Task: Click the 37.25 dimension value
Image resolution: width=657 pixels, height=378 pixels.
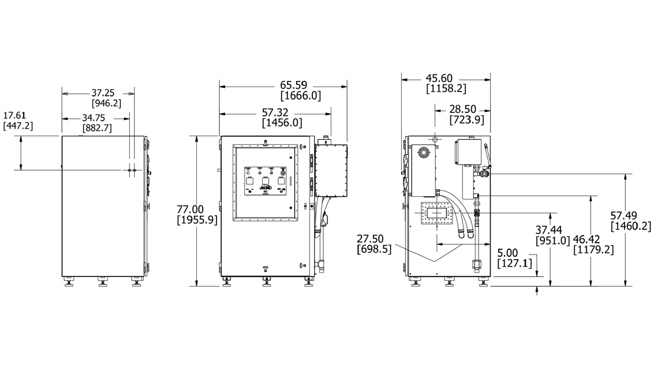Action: pos(103,92)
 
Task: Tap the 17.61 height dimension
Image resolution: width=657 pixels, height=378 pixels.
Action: pos(15,115)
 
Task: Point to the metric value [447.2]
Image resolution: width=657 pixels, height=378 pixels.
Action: pos(18,125)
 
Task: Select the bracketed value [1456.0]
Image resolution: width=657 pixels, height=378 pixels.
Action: pos(282,122)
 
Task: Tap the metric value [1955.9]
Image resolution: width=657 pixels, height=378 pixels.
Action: pos(196,220)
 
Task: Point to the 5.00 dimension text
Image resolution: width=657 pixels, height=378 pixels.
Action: pos(508,253)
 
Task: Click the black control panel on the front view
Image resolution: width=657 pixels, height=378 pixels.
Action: pos(266,182)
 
